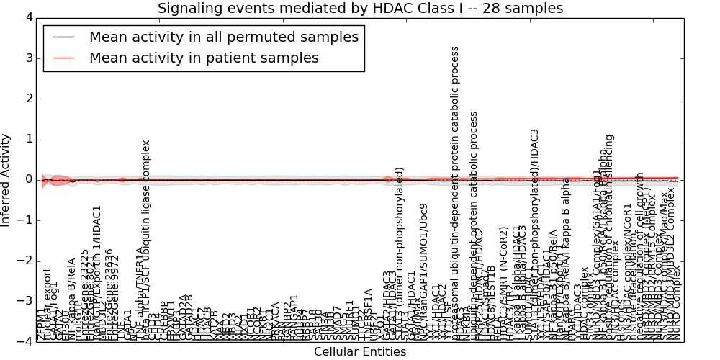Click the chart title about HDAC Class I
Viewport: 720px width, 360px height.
[x=360, y=8]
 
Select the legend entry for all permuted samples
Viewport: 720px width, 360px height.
[x=223, y=37]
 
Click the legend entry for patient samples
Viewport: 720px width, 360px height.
[x=204, y=58]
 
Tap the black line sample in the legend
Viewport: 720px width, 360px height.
[x=63, y=37]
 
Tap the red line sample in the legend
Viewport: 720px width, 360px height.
[x=63, y=58]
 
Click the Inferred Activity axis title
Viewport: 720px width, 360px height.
[x=6, y=179]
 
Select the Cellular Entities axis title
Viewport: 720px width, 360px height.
[x=360, y=352]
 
